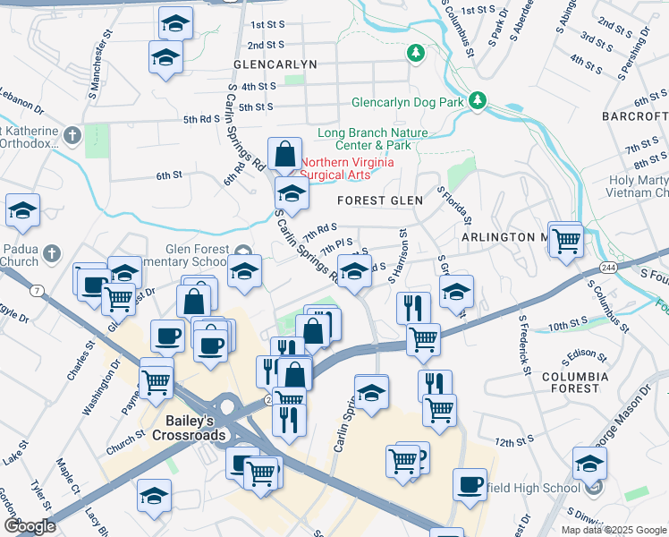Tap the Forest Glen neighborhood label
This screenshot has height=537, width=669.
(x=379, y=201)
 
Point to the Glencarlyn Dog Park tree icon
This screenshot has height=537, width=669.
(x=478, y=100)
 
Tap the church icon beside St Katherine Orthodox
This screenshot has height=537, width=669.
(x=72, y=135)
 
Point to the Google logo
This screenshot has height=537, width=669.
(x=30, y=526)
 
